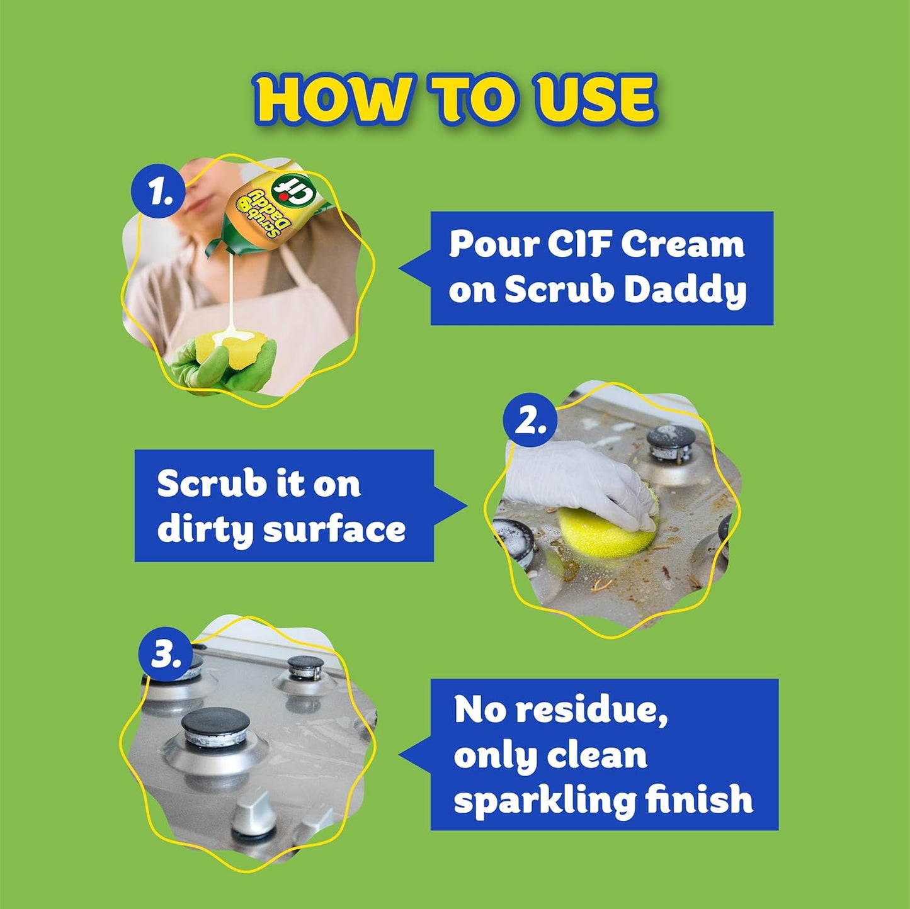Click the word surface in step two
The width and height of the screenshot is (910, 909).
[334, 530]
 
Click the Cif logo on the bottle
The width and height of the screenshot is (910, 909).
[293, 191]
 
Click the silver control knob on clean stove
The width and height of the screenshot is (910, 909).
[252, 812]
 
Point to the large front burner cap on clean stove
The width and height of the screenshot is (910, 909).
[215, 724]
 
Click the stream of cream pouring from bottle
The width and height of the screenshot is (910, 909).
[233, 290]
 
